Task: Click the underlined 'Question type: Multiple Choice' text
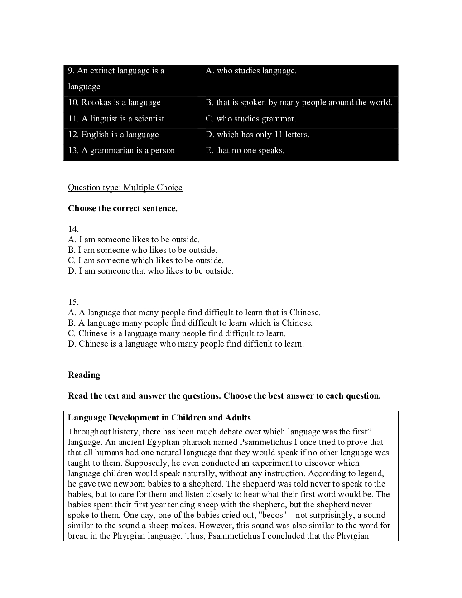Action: tap(125, 188)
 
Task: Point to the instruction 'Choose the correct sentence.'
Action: tap(123, 208)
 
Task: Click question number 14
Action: tap(73, 229)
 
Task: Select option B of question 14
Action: tap(142, 250)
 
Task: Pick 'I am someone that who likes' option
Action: tap(150, 271)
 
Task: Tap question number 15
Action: tap(73, 302)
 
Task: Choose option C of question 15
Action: tap(177, 333)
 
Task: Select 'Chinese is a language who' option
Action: tap(186, 344)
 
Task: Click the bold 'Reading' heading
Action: tap(84, 375)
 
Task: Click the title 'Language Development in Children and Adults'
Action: tap(159, 418)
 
